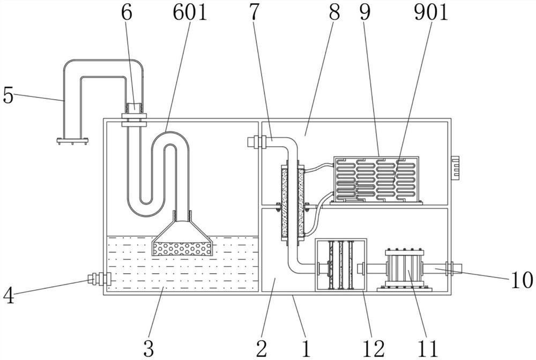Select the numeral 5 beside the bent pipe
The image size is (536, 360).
point(8,95)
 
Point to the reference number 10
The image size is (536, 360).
point(521,279)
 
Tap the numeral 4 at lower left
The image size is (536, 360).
point(8,294)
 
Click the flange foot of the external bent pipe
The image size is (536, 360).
point(72,141)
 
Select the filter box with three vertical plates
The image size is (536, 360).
point(341,265)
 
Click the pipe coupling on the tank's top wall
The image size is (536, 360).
point(133,119)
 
